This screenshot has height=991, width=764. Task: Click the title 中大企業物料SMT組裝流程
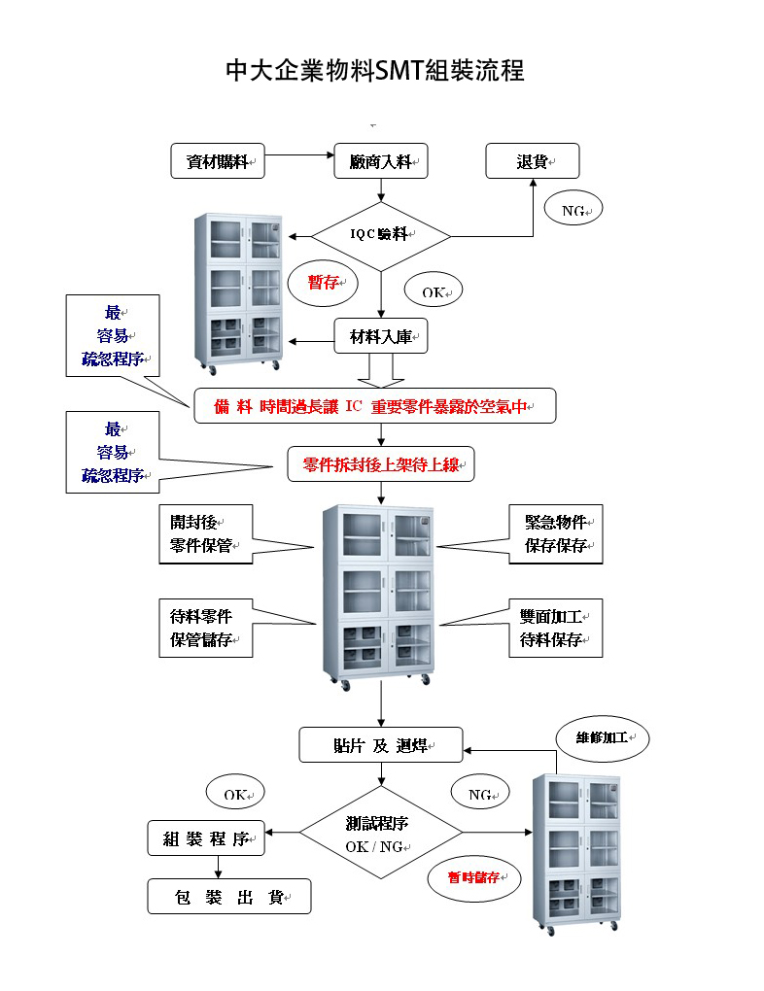pyautogui.click(x=374, y=72)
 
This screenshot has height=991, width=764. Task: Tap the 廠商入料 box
pyautogui.click(x=381, y=161)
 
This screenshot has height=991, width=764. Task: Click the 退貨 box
pyautogui.click(x=533, y=161)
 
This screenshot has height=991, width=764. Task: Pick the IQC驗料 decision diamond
pyautogui.click(x=381, y=236)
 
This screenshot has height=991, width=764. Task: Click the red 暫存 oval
pyautogui.click(x=324, y=283)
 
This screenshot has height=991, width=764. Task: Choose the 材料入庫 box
pyautogui.click(x=381, y=337)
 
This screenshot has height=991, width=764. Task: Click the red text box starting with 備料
pyautogui.click(x=374, y=406)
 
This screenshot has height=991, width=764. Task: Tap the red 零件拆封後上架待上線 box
pyautogui.click(x=381, y=465)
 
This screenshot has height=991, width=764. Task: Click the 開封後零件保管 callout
pyautogui.click(x=205, y=533)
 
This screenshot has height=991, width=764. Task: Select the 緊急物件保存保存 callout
pyautogui.click(x=555, y=533)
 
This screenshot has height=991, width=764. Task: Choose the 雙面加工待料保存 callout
pyautogui.click(x=555, y=628)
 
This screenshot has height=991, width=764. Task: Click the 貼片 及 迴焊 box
pyautogui.click(x=380, y=745)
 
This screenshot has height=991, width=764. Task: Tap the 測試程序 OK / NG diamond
pyautogui.click(x=380, y=833)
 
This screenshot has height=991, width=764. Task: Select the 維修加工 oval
pyautogui.click(x=602, y=738)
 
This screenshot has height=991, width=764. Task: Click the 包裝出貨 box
pyautogui.click(x=229, y=897)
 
